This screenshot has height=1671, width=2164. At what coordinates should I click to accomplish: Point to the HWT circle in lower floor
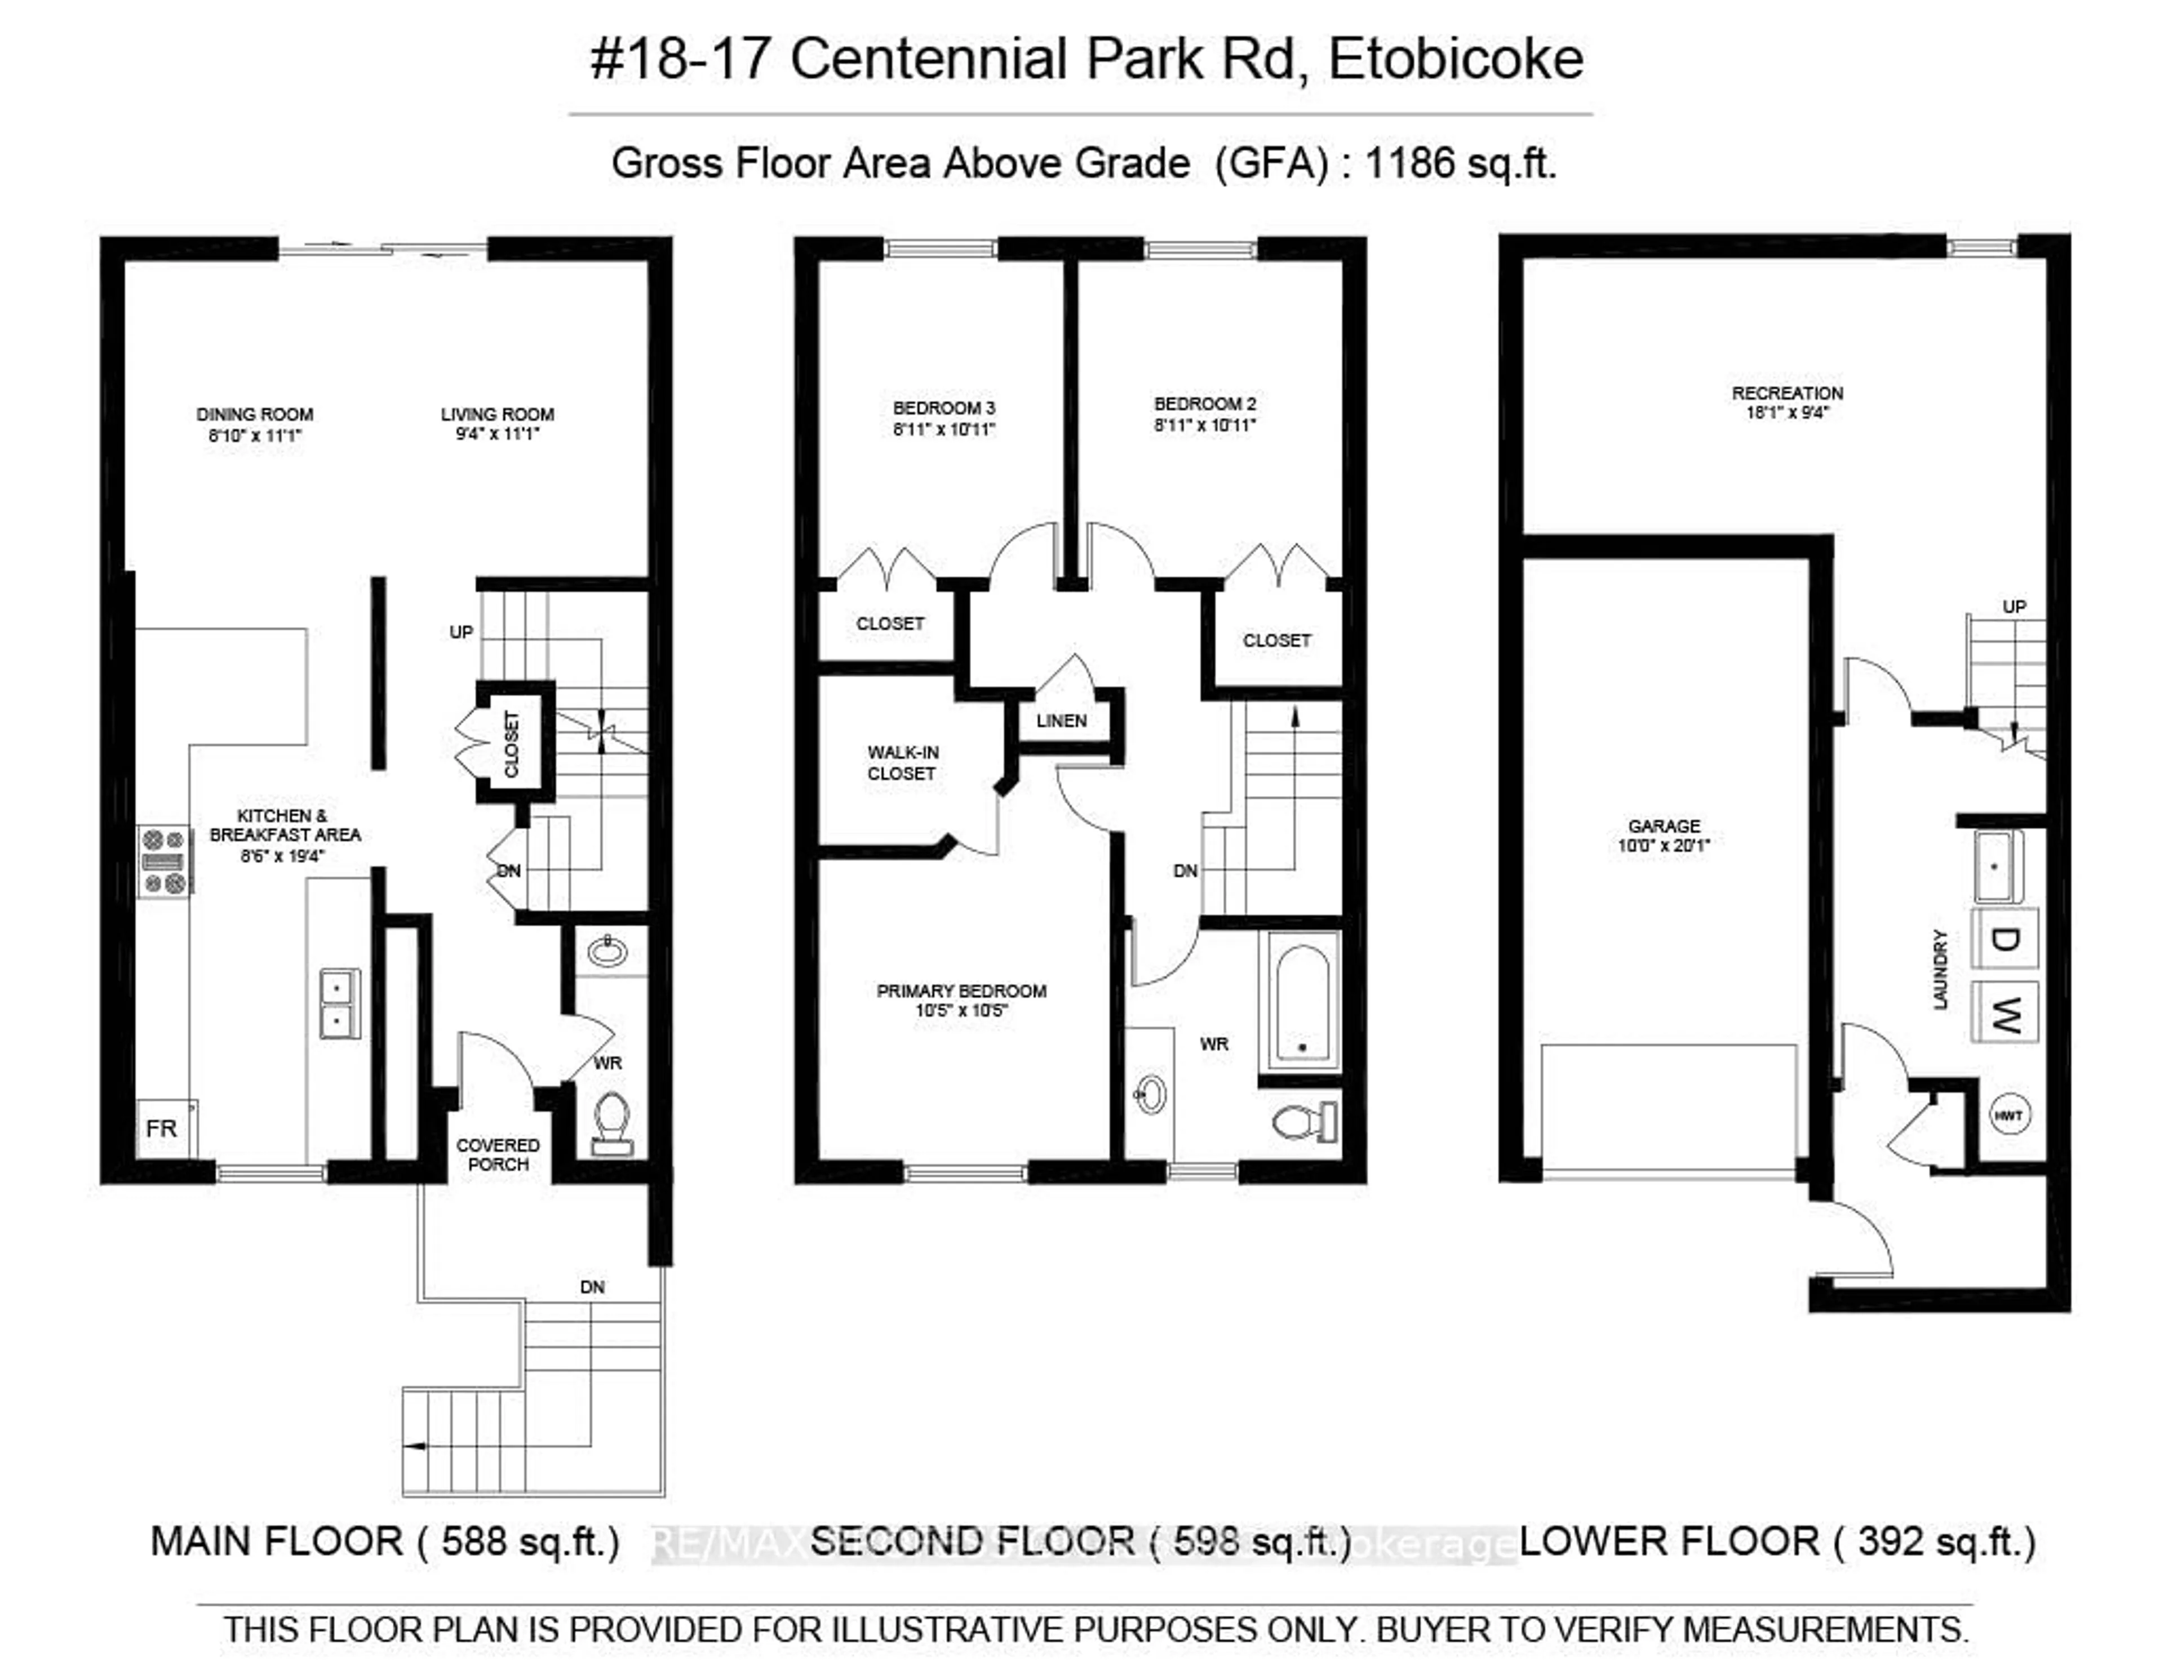(x=2008, y=1116)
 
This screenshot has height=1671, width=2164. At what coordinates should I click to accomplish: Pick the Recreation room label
(x=1788, y=393)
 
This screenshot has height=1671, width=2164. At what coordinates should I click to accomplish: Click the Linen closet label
(x=1061, y=721)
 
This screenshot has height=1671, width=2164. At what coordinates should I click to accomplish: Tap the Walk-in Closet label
(x=902, y=763)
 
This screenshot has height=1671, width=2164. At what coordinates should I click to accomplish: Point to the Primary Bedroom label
(x=961, y=990)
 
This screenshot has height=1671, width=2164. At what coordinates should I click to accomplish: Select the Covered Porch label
(x=498, y=1154)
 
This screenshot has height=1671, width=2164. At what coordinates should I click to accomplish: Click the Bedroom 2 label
(x=1205, y=404)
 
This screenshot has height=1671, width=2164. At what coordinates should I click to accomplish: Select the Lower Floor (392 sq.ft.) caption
(x=1777, y=1541)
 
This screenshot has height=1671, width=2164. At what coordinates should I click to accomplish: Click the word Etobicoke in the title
(x=1456, y=59)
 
